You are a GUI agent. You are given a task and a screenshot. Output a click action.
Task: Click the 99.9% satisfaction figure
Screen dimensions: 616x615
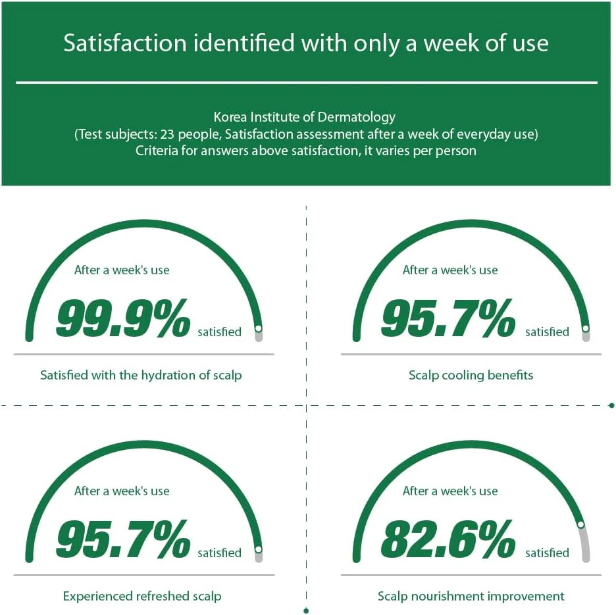[123, 318]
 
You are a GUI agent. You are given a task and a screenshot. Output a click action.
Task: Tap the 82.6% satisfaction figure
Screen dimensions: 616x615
[448, 539]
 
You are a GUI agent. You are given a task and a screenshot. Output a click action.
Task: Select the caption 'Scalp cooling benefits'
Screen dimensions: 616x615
[471, 375]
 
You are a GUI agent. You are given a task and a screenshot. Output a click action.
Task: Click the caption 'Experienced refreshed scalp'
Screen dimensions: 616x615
[141, 596]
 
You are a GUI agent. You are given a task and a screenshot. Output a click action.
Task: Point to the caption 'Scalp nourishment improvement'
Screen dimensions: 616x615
[471, 596]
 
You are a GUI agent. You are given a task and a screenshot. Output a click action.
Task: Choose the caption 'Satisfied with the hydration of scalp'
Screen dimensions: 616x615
[141, 375]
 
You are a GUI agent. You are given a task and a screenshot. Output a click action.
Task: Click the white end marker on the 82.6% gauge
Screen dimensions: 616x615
[580, 525]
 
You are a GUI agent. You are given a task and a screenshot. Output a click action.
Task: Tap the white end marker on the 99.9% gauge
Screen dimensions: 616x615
[258, 328]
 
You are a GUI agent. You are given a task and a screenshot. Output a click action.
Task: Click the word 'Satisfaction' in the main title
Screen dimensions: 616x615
[125, 43]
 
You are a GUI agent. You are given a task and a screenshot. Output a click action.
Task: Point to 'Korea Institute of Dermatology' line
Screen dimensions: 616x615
[305, 117]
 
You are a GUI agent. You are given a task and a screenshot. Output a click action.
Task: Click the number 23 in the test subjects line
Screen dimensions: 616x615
[167, 134]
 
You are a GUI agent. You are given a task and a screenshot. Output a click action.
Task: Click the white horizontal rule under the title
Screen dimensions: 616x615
[307, 83]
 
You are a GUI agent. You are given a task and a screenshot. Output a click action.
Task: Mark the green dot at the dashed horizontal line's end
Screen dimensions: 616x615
[611, 405]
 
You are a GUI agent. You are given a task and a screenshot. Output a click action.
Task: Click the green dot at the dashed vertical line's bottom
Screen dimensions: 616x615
[307, 610]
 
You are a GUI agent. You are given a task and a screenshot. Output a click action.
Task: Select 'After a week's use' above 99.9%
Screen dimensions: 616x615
[122, 270]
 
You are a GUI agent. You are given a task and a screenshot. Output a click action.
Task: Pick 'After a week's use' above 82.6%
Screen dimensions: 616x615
[450, 491]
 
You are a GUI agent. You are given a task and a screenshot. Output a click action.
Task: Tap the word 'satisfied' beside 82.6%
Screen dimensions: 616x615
[548, 553]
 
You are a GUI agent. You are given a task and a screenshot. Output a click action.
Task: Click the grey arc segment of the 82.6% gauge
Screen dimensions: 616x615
[585, 545]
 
